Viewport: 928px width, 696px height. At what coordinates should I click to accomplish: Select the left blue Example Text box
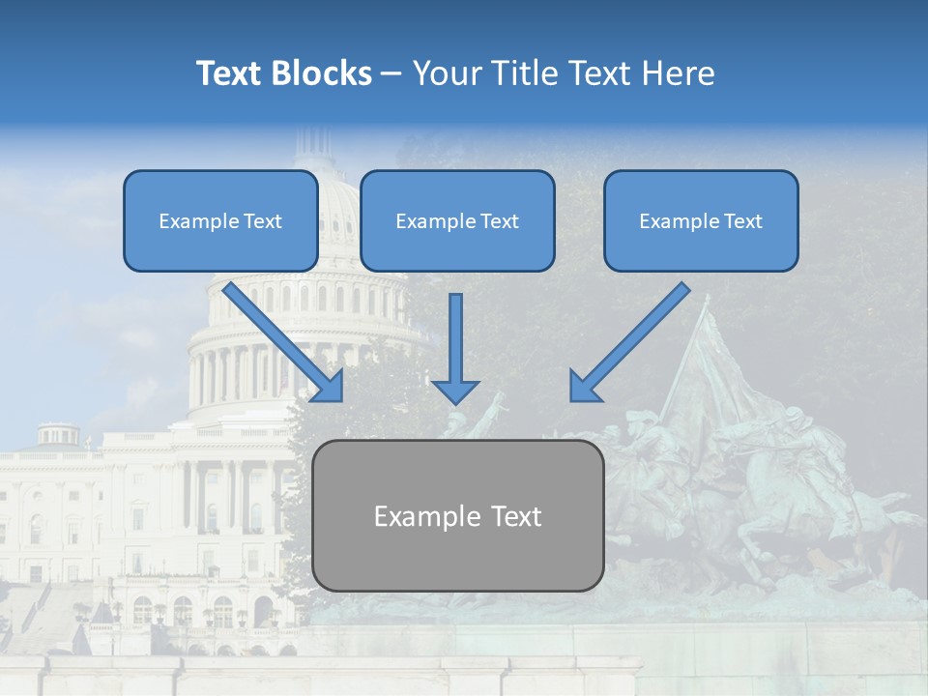220,220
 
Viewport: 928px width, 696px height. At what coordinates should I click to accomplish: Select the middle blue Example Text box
457,220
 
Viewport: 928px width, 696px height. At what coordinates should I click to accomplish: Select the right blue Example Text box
701,220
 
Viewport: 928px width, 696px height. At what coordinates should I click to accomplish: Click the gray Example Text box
457,515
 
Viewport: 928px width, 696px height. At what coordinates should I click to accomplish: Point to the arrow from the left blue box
280,338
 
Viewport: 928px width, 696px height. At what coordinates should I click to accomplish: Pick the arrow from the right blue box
633,338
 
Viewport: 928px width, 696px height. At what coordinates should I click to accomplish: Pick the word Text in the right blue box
742,220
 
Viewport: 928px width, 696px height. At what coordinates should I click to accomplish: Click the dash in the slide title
391,74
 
